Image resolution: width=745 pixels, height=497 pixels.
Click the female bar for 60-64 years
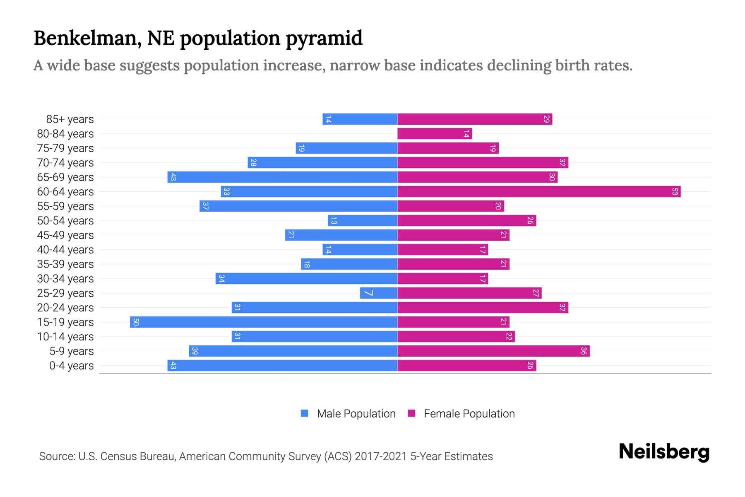[x=538, y=192]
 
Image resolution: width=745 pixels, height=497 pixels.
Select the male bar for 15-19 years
[x=263, y=322]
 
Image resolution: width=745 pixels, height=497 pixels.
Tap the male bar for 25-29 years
[x=378, y=293]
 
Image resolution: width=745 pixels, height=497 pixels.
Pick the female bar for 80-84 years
[x=435, y=134]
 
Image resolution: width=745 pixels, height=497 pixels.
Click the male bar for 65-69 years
[x=282, y=177]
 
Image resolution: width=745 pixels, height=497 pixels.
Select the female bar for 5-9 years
[x=493, y=351]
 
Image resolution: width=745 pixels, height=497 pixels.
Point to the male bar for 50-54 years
[x=363, y=221]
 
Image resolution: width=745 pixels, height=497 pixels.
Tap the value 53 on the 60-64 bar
[x=675, y=192]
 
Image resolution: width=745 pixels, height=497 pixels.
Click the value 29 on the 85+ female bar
[x=546, y=119]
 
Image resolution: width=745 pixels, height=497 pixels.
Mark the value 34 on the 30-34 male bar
[x=221, y=279]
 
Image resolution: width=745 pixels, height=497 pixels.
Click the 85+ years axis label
[x=70, y=119]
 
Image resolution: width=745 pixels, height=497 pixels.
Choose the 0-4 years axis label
[x=71, y=366]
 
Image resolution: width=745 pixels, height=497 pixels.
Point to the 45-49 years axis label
[x=65, y=235]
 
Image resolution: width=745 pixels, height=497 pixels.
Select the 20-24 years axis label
[x=65, y=308]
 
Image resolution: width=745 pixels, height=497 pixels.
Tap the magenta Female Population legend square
[x=411, y=413]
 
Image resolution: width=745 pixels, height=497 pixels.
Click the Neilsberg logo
[x=664, y=452]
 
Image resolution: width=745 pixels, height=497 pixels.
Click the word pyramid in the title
[x=324, y=39]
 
